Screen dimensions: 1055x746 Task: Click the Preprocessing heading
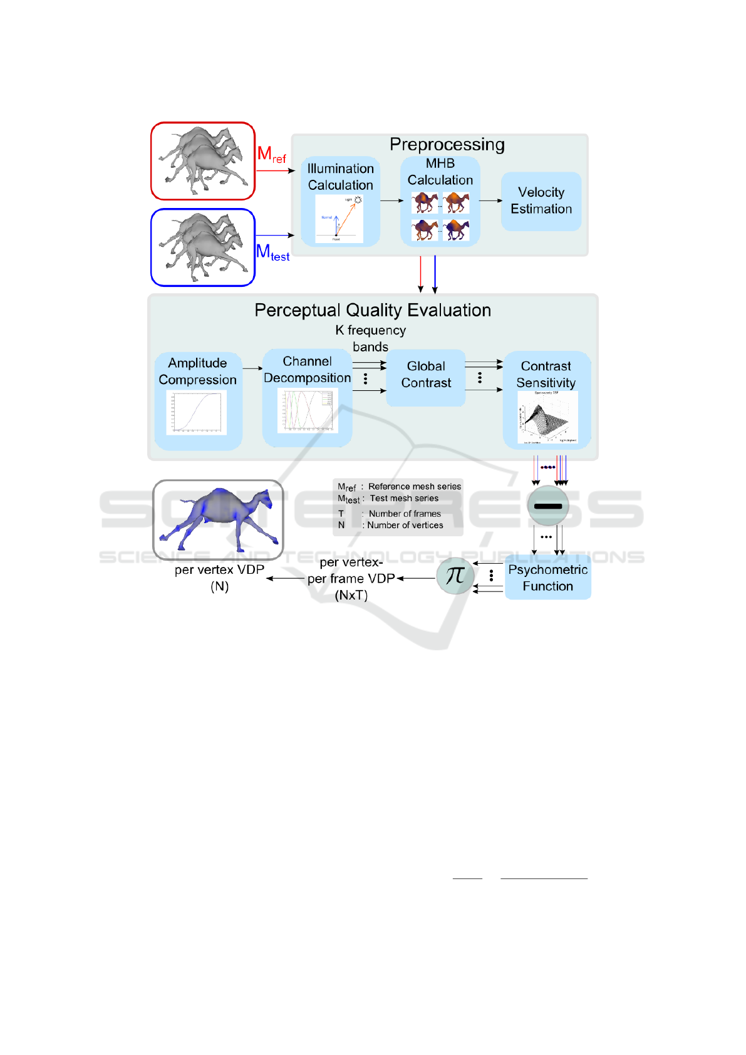point(447,145)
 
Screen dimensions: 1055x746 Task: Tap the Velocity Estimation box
point(541,200)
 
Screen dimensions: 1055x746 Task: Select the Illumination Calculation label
point(340,177)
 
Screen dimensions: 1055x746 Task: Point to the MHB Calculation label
point(440,172)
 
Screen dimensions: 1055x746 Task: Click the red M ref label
point(271,155)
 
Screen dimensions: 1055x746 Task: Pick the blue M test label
point(272,252)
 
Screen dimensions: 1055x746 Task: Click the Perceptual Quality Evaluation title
point(373,310)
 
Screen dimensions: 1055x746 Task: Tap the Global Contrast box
point(426,375)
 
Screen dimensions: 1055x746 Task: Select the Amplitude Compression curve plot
point(197,412)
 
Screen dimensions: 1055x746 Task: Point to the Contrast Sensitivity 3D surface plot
point(546,417)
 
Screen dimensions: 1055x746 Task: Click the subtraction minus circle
point(548,506)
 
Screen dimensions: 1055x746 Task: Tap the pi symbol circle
point(455,575)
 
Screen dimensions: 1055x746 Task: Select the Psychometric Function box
point(547,578)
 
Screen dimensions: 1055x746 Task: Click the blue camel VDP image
point(218,519)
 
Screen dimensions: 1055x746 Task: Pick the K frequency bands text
point(371,338)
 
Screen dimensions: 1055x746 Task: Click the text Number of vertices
point(405,525)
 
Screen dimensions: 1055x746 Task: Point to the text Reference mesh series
point(414,486)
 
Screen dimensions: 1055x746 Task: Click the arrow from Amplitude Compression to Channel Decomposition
point(252,368)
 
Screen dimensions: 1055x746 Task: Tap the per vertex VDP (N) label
point(219,578)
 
